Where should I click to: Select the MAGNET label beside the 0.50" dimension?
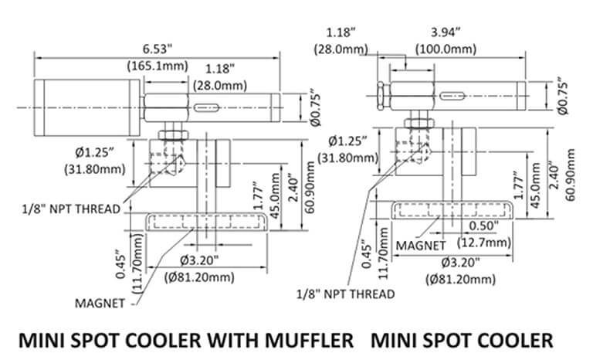tap(419, 245)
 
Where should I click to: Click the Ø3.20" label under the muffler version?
tap(198, 259)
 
